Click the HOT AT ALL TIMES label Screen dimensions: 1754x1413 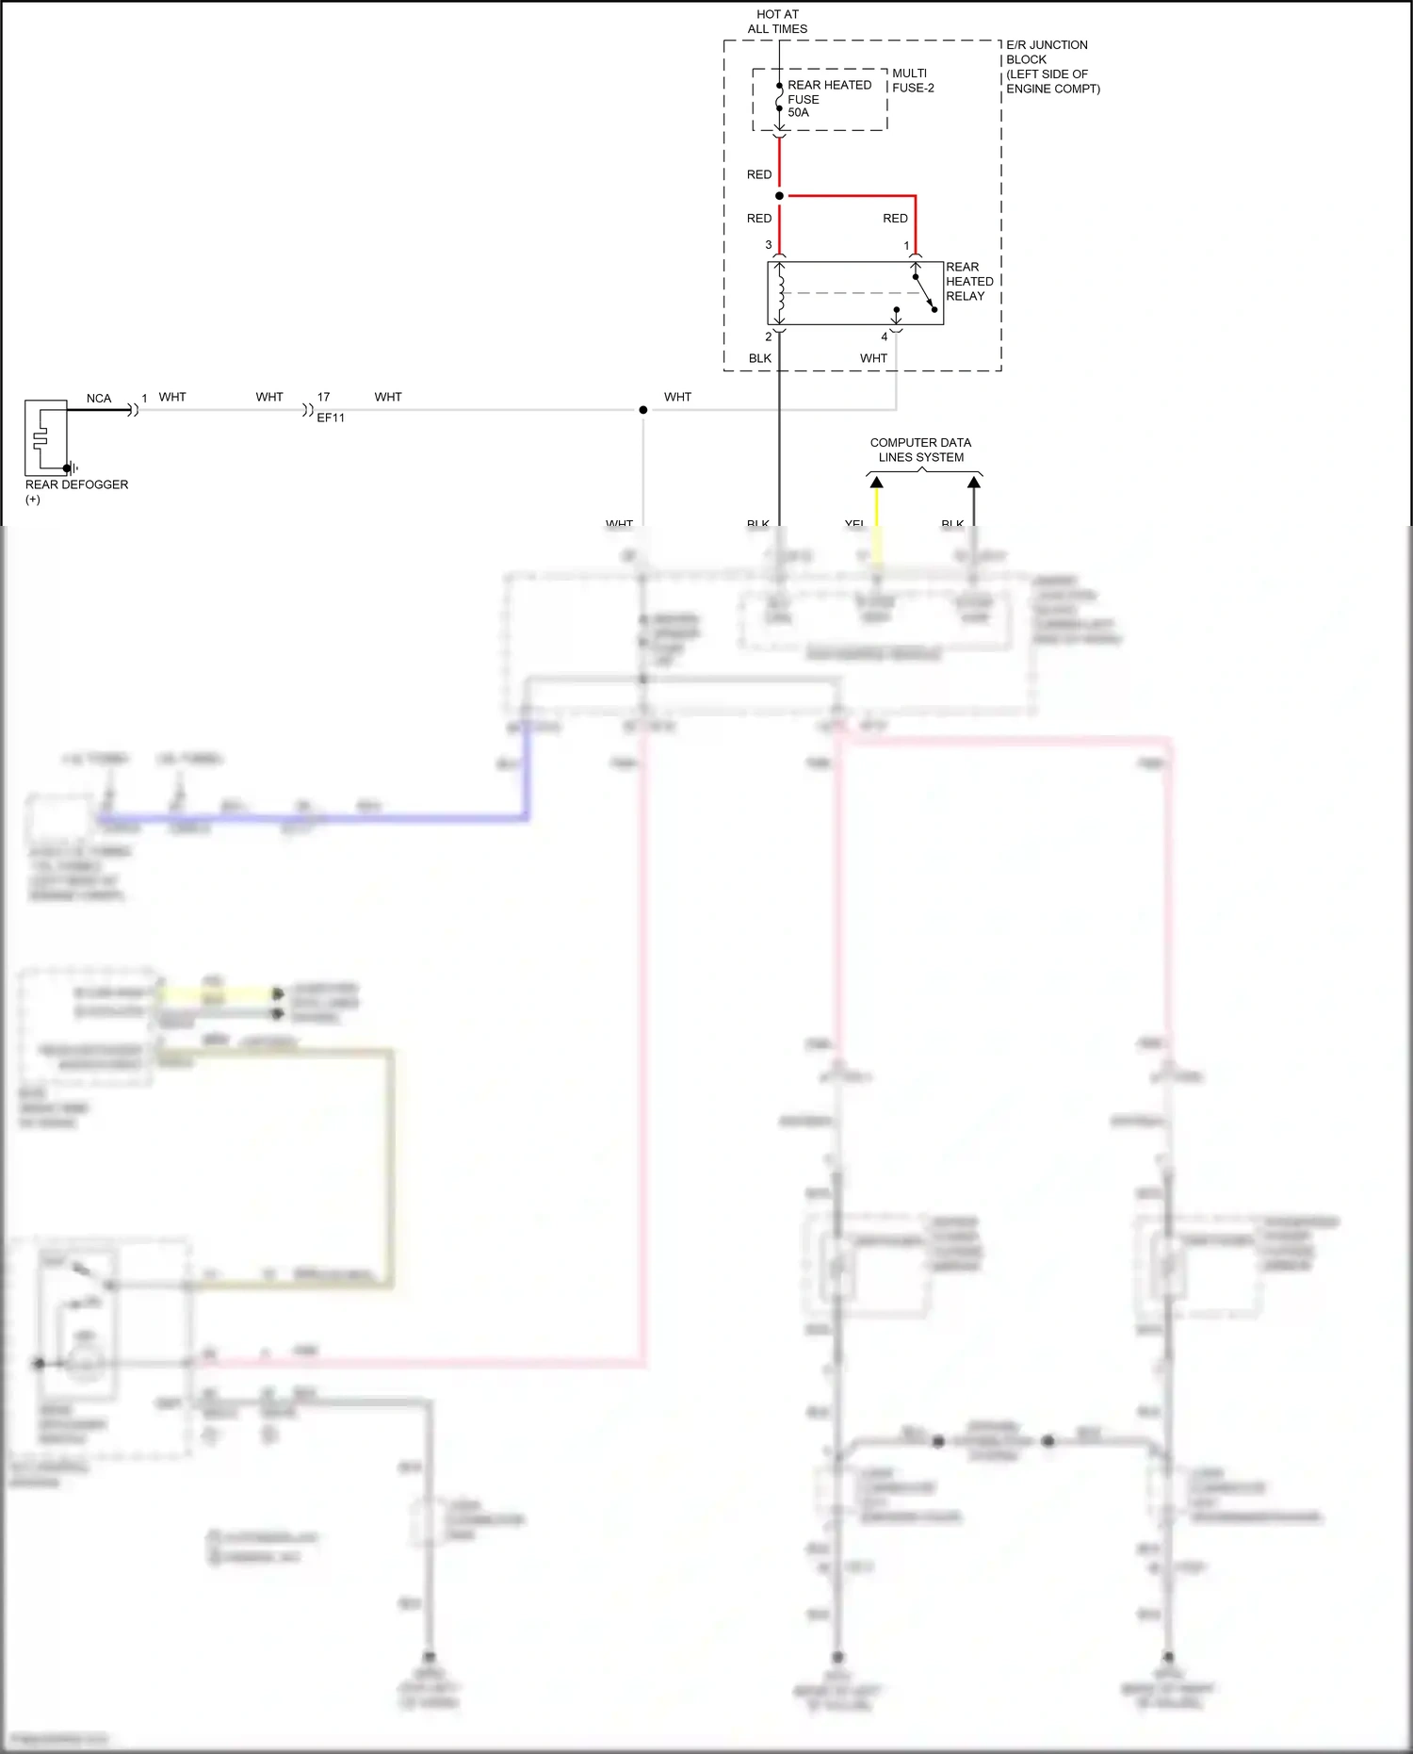777,22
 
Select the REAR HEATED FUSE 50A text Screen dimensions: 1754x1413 828,98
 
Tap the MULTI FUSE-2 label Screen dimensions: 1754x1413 913,80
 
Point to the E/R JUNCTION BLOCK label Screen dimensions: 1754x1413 1052,66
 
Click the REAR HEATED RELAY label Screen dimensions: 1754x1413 969,281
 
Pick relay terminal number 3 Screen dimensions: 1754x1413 769,245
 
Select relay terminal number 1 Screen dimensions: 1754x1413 907,246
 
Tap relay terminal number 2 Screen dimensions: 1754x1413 769,336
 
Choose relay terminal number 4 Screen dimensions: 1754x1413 885,336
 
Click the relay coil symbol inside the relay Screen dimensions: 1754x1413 780,293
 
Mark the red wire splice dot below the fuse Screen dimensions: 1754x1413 779,196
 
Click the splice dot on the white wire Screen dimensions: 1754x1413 643,410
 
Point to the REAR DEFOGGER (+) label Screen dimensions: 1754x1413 76,491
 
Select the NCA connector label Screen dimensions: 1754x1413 99,399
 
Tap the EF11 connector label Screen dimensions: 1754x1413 331,418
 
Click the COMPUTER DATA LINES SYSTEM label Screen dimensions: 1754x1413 920,450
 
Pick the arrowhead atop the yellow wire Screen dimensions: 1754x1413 877,483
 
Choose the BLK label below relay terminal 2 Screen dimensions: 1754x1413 760,358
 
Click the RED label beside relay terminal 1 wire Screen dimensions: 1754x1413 895,219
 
